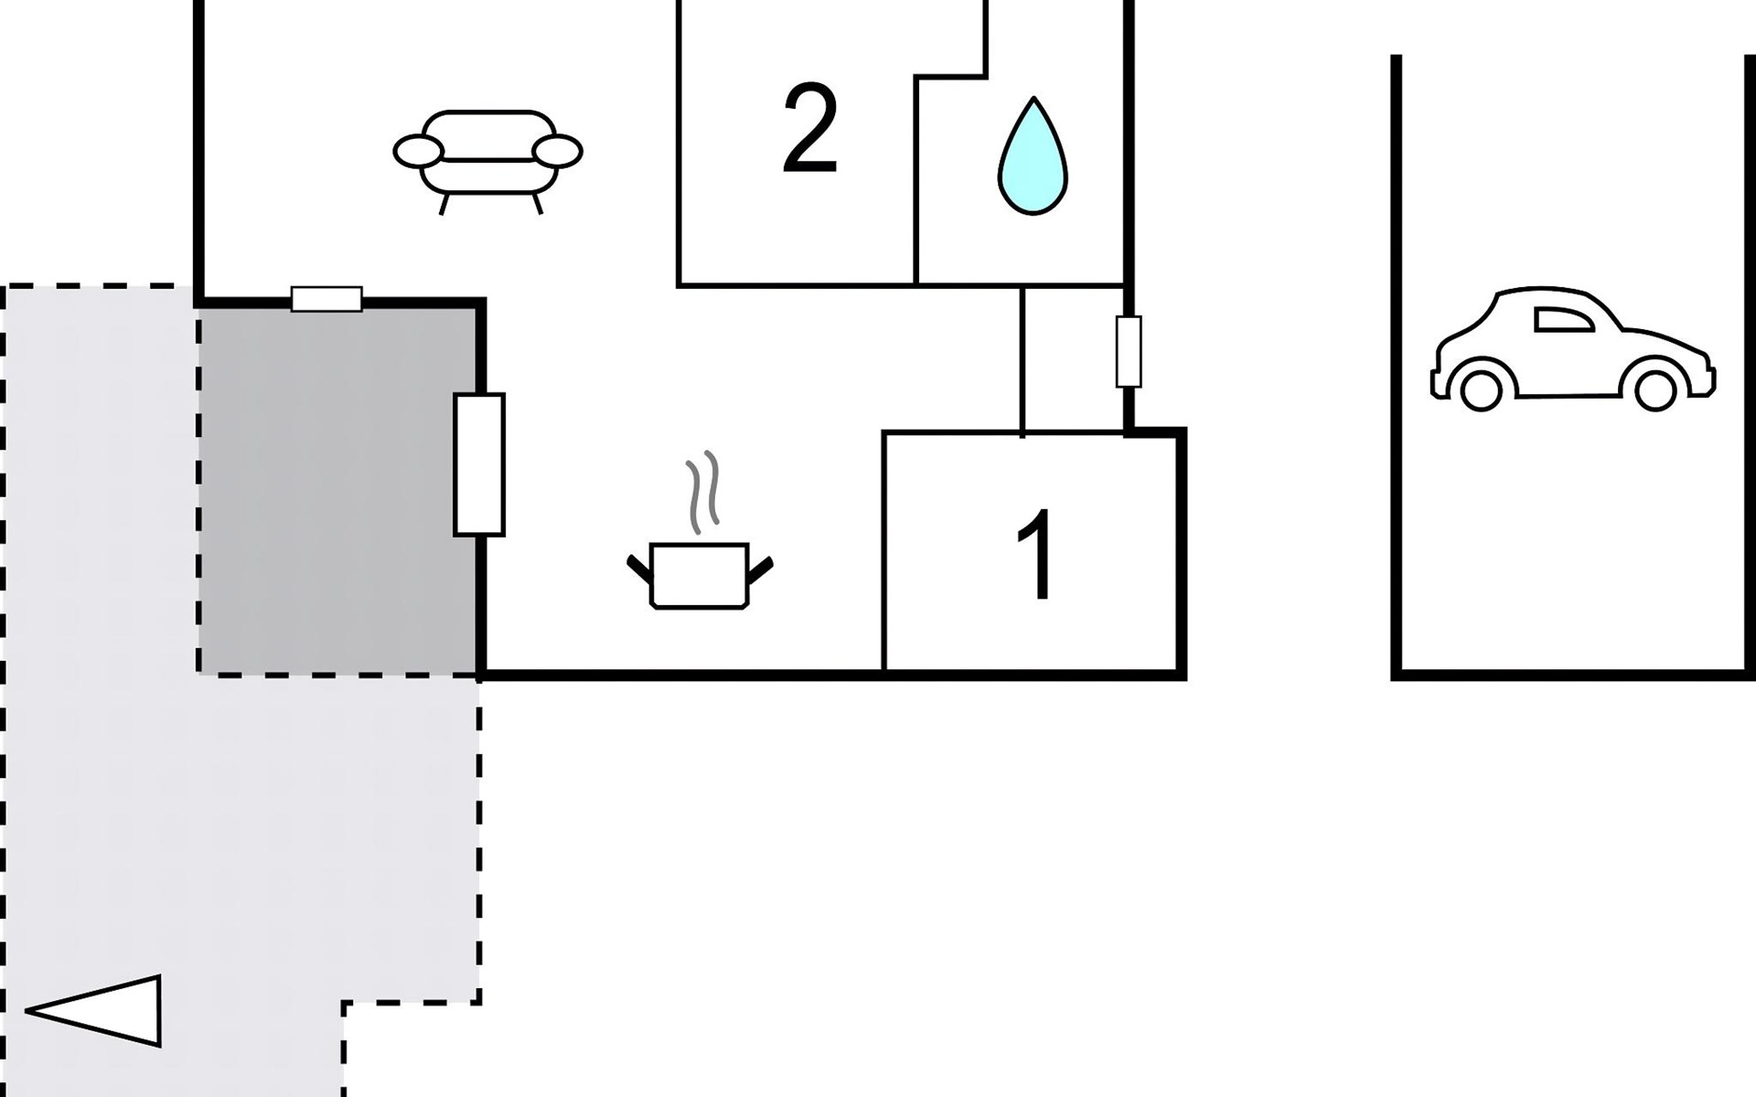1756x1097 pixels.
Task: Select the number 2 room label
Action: pyautogui.click(x=810, y=129)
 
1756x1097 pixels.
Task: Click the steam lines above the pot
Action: pyautogui.click(x=702, y=492)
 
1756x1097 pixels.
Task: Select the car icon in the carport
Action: pyautogui.click(x=1572, y=348)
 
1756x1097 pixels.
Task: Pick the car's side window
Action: pyautogui.click(x=1562, y=319)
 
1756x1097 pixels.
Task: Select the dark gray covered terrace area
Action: pyautogui.click(x=338, y=494)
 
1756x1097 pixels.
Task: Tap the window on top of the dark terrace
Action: pyautogui.click(x=327, y=299)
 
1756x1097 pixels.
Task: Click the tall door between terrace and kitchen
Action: pyautogui.click(x=479, y=464)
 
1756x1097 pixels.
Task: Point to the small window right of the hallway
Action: pyautogui.click(x=1129, y=352)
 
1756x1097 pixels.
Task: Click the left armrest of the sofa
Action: pyautogui.click(x=418, y=151)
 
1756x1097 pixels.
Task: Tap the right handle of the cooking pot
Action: pyautogui.click(x=760, y=570)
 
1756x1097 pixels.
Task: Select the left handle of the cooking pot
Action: pyautogui.click(x=639, y=569)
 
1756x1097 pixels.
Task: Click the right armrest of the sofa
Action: pyautogui.click(x=557, y=151)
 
